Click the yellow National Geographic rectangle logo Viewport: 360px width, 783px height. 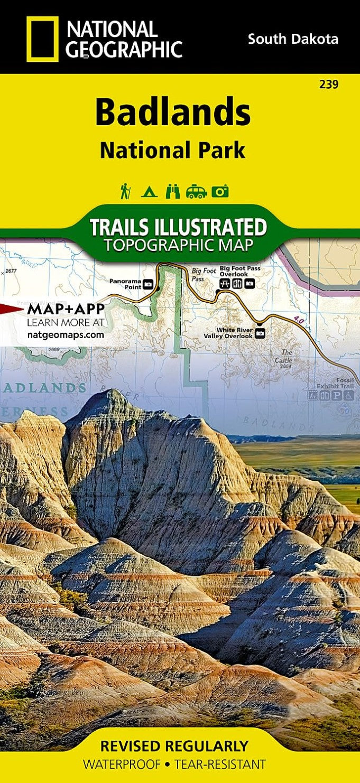coord(43,39)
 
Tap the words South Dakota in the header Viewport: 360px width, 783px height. coord(293,39)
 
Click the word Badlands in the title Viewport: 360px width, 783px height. coord(172,113)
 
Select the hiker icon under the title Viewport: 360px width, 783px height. coord(125,191)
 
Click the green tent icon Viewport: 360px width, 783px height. coord(149,191)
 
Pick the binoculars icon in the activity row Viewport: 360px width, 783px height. coord(172,191)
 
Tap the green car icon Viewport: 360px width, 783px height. coord(196,191)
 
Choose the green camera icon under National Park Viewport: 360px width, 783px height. coord(220,191)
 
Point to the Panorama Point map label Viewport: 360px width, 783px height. coord(126,284)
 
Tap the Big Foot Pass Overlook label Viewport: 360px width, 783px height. coord(240,271)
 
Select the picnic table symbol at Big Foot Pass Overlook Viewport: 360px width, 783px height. coord(224,284)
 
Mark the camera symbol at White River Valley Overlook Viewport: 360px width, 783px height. coord(260,333)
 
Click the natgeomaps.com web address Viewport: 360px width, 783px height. coord(66,334)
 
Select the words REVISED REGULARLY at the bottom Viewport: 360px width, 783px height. coord(174,746)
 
